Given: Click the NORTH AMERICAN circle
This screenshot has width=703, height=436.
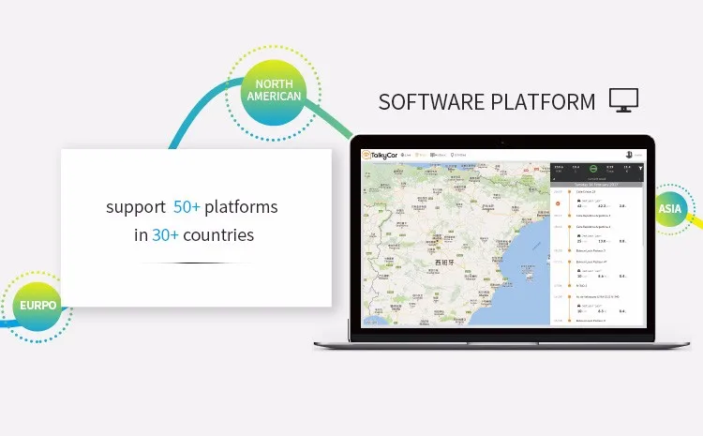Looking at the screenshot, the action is [273, 90].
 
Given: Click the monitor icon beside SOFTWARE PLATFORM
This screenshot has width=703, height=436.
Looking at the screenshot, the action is [623, 99].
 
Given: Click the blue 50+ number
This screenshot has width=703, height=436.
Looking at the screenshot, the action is [187, 206].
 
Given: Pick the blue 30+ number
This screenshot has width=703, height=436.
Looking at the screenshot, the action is [166, 234].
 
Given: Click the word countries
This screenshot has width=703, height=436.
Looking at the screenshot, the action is [218, 234].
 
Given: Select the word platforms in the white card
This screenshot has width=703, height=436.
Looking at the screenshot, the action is [241, 206].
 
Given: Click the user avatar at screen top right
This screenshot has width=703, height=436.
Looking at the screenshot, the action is [629, 154].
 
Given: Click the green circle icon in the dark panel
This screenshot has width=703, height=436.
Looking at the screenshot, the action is [593, 170].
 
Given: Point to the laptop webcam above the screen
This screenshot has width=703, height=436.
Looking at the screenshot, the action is [502, 143].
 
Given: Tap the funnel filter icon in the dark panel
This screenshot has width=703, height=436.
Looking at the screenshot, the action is [641, 170].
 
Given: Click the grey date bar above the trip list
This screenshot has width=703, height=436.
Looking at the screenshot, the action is [596, 185].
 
